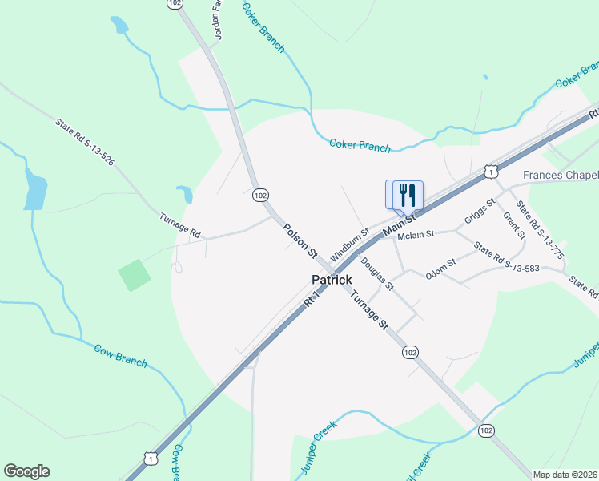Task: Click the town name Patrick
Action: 332,280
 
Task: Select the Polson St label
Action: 300,240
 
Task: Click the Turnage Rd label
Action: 179,225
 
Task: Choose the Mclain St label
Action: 416,235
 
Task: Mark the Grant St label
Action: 513,225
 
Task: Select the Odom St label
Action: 440,267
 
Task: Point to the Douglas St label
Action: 376,273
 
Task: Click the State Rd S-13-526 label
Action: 85,143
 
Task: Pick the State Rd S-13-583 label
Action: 508,257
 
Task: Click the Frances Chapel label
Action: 561,176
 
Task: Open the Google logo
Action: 26,471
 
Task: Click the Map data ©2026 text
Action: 564,475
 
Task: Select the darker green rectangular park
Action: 135,275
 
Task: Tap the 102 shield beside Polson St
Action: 259,195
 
